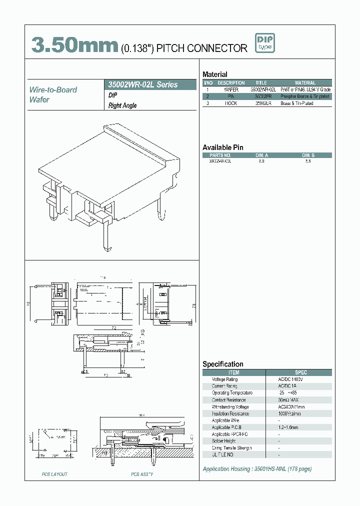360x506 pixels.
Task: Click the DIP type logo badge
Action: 265,43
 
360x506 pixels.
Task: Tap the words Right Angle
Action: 122,105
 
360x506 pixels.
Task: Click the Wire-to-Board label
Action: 53,89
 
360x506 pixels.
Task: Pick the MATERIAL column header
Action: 305,83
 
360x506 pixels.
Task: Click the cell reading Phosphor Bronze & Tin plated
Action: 305,96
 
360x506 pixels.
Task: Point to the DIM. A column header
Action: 261,155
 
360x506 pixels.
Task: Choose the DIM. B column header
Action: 307,155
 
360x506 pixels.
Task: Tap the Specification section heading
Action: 223,364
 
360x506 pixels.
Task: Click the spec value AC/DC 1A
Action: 288,386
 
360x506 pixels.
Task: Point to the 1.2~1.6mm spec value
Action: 288,427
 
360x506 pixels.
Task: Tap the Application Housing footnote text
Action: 257,469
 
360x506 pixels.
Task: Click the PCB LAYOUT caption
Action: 54,474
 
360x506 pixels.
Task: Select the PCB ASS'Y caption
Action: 142,474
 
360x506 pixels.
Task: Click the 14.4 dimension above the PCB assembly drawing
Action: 141,415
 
